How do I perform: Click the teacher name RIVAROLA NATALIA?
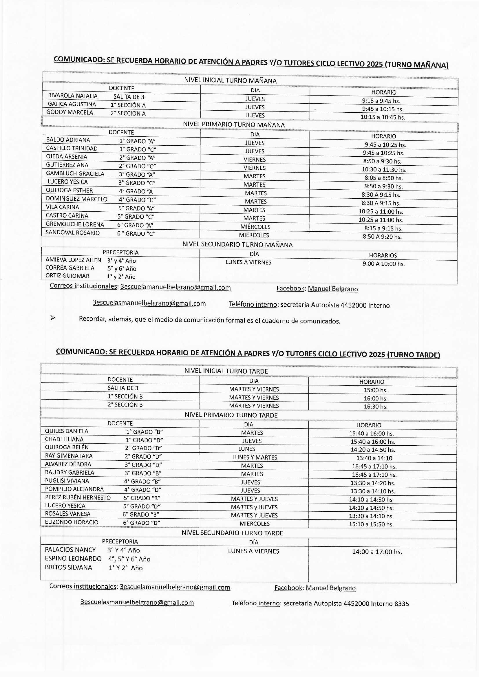point(73,96)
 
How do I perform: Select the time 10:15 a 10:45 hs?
point(383,117)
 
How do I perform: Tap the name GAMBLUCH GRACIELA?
point(75,173)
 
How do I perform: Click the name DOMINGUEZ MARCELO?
point(76,199)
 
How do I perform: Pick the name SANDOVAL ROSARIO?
point(73,233)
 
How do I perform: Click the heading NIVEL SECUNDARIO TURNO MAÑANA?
point(237,245)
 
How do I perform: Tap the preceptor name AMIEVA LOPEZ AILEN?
point(73,260)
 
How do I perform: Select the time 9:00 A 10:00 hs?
point(383,264)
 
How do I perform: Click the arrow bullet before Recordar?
point(52,318)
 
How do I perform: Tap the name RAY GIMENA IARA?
point(69,456)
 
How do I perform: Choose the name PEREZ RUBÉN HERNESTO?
point(78,497)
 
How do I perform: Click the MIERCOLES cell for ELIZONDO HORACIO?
point(254,524)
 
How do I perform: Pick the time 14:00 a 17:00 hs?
point(377,552)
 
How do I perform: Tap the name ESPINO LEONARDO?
point(73,559)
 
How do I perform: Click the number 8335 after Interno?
point(401,604)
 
